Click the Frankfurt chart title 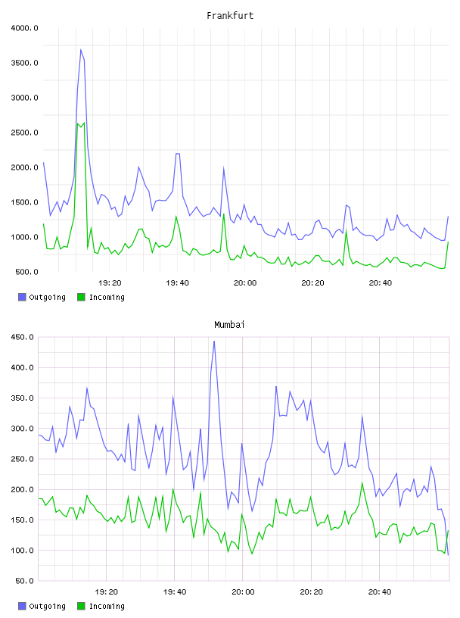click(x=230, y=16)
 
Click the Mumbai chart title click(x=229, y=325)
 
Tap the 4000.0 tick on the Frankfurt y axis click(x=24, y=28)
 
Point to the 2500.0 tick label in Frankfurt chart click(x=24, y=133)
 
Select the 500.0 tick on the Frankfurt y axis click(x=26, y=272)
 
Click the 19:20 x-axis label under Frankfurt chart click(x=110, y=283)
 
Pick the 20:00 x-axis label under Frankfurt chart click(x=245, y=283)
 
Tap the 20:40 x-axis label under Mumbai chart click(x=380, y=592)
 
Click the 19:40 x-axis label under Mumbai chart click(x=175, y=592)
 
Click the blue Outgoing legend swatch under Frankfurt click(x=22, y=297)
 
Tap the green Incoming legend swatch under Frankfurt click(x=81, y=297)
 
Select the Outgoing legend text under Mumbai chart click(x=47, y=606)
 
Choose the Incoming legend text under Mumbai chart click(x=107, y=606)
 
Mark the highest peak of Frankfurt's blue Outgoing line click(x=81, y=50)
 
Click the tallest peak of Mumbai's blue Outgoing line click(x=214, y=342)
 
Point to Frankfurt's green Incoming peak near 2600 click(x=84, y=123)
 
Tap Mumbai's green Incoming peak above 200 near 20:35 click(x=362, y=482)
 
